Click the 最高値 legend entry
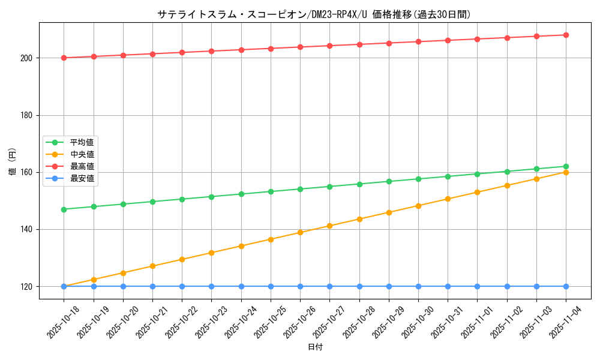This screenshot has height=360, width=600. coord(82,166)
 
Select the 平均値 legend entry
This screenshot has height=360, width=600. coord(82,142)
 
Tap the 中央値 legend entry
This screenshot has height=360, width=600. coord(82,154)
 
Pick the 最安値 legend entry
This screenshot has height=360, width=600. coord(82,178)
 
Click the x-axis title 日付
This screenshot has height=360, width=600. coord(315,347)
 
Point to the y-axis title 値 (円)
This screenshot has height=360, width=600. coord(12,162)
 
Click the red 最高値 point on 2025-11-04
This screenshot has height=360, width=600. coord(566,35)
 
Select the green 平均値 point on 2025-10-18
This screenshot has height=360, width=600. coord(64,209)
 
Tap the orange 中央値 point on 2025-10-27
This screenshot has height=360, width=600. coord(329,226)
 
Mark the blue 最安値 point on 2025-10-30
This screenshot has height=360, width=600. coord(418,286)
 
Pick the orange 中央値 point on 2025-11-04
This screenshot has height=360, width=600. coord(566,172)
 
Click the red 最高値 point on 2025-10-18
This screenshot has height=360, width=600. coord(64,58)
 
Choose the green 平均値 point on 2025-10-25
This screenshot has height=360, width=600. coord(271,191)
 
